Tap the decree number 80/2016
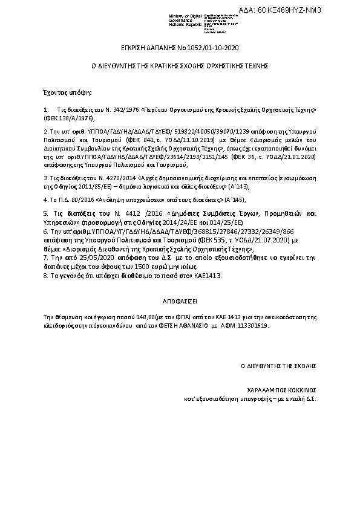point(82,199)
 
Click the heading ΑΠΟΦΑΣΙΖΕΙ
point(180,299)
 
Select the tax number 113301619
point(252,325)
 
